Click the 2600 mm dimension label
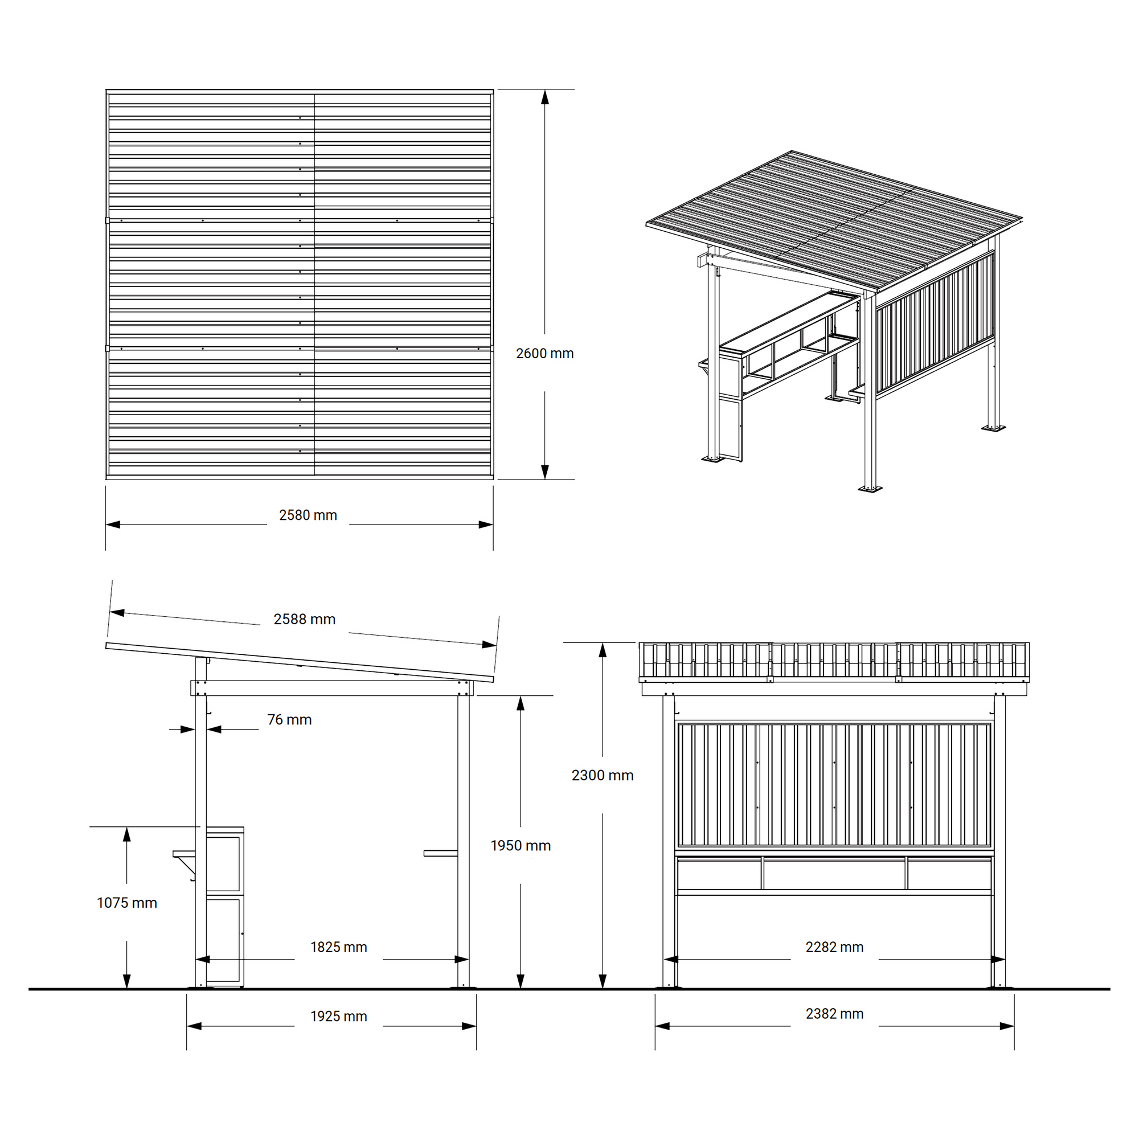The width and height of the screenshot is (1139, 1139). point(544,353)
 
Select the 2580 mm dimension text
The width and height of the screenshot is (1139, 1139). point(308,515)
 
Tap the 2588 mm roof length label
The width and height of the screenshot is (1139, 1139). point(304,619)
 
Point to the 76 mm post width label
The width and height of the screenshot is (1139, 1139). point(289,719)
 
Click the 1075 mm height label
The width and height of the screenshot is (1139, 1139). point(127,903)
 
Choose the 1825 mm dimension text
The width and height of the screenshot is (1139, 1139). point(338,947)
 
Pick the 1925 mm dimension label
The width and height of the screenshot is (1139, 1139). point(338,1017)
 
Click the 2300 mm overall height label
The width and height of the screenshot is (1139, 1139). point(602,775)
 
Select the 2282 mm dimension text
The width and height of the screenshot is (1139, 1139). point(834,947)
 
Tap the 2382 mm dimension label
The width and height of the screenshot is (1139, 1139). point(834,1014)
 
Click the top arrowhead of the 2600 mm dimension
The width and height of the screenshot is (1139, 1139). point(545,97)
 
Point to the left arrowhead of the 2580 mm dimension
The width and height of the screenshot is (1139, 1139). point(113,524)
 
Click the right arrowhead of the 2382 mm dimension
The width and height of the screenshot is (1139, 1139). point(1006,1026)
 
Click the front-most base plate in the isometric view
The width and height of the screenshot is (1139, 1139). point(870,489)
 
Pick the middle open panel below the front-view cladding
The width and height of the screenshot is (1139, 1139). point(834,874)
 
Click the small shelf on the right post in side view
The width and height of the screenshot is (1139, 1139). point(440,853)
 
